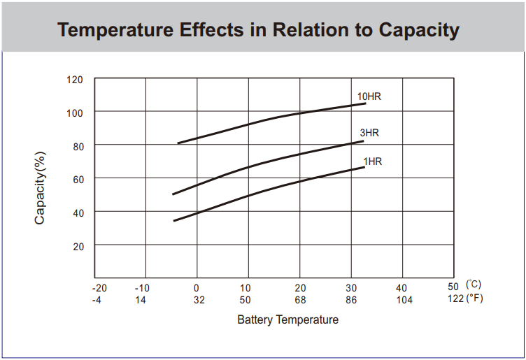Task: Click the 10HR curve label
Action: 369,96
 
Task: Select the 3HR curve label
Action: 369,133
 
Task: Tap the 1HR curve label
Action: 372,161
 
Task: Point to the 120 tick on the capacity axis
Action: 75,80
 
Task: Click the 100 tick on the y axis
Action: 75,113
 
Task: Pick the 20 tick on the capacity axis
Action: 78,246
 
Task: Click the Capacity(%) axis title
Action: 40,187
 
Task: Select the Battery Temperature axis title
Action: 287,320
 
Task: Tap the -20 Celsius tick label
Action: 99,288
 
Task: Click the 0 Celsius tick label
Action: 197,288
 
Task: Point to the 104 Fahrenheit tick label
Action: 404,300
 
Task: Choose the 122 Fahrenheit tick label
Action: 455,300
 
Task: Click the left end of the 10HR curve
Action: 178,143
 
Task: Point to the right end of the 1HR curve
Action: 364,167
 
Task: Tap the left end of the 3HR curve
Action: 173,194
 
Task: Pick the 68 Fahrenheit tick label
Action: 300,300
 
